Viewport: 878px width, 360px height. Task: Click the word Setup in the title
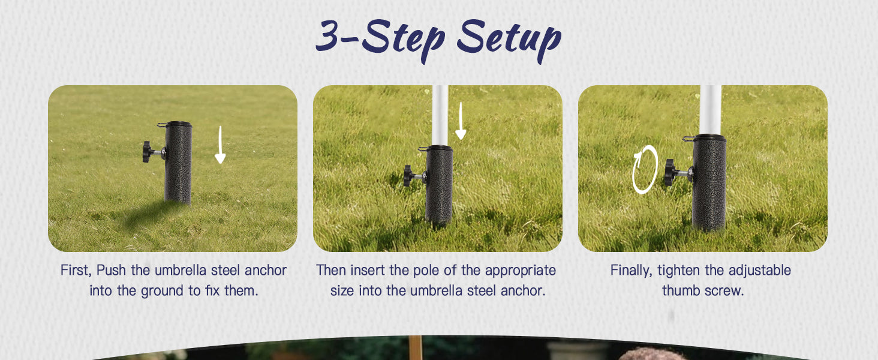tap(509, 39)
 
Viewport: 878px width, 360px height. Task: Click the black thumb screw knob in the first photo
tap(148, 152)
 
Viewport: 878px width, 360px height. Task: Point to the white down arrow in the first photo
tap(220, 145)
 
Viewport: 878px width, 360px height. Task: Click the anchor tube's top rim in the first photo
tap(178, 124)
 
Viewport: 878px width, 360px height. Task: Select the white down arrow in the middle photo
tap(461, 121)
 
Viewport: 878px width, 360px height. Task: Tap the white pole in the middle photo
tap(440, 115)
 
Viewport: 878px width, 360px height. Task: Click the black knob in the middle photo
tap(408, 176)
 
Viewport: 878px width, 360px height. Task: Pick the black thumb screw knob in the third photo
tap(670, 173)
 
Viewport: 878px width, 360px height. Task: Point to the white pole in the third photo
tap(710, 110)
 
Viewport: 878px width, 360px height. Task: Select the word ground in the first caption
tap(162, 292)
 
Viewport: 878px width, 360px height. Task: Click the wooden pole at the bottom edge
tap(415, 347)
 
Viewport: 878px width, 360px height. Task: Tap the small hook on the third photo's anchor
tap(688, 139)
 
